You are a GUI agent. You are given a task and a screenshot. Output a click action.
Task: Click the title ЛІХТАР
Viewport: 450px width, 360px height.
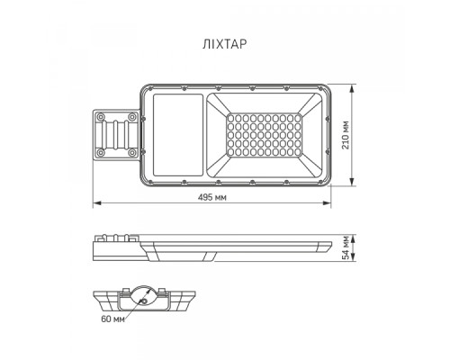click(225, 41)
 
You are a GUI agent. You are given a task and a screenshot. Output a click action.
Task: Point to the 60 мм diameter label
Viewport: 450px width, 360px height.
click(112, 318)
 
